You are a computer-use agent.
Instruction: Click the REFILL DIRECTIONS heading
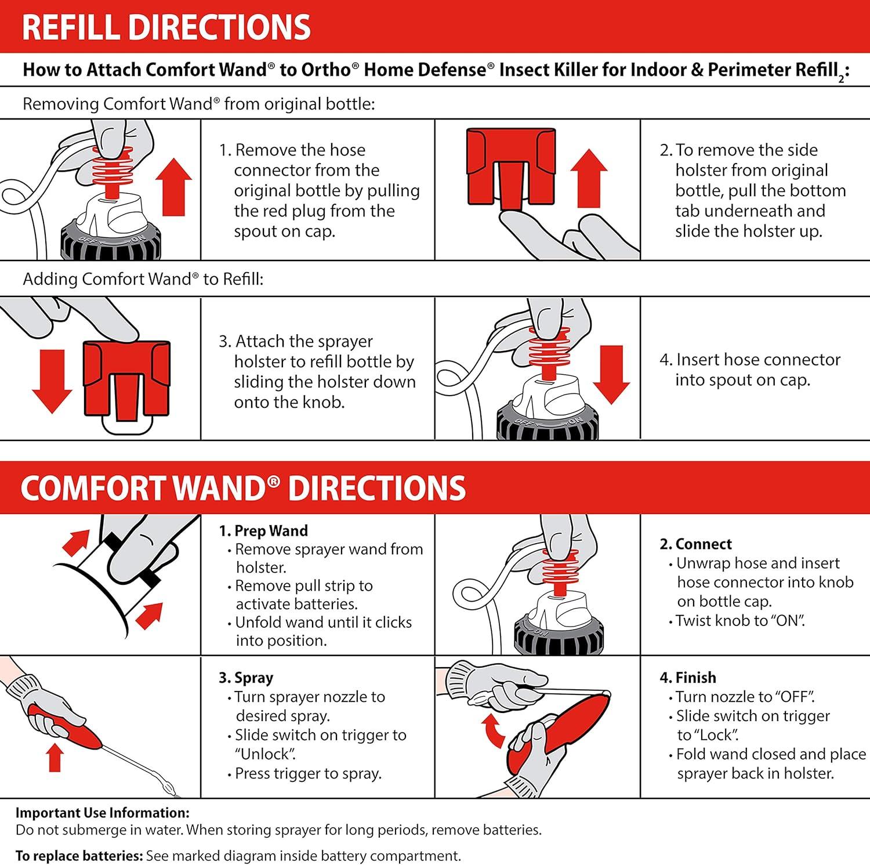pyautogui.click(x=166, y=27)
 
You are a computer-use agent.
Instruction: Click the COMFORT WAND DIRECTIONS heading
pyautogui.click(x=243, y=488)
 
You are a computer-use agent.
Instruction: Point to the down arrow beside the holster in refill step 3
pyautogui.click(x=52, y=380)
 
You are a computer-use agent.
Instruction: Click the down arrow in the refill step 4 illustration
pyautogui.click(x=611, y=375)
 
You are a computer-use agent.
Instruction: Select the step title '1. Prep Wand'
pyautogui.click(x=263, y=531)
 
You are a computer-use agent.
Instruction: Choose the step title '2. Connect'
pyautogui.click(x=695, y=544)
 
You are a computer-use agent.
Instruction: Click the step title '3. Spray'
pyautogui.click(x=246, y=678)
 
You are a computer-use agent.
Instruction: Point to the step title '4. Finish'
pyautogui.click(x=688, y=678)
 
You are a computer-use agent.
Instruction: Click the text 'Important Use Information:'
pyautogui.click(x=103, y=813)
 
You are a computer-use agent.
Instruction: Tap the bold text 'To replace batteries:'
pyautogui.click(x=79, y=856)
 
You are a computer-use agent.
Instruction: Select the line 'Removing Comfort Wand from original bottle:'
pyautogui.click(x=198, y=104)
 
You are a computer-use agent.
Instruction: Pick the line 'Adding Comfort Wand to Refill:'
pyautogui.click(x=143, y=279)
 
